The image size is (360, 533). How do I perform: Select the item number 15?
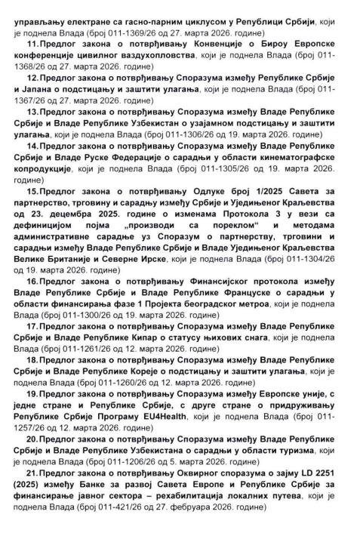32,192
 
